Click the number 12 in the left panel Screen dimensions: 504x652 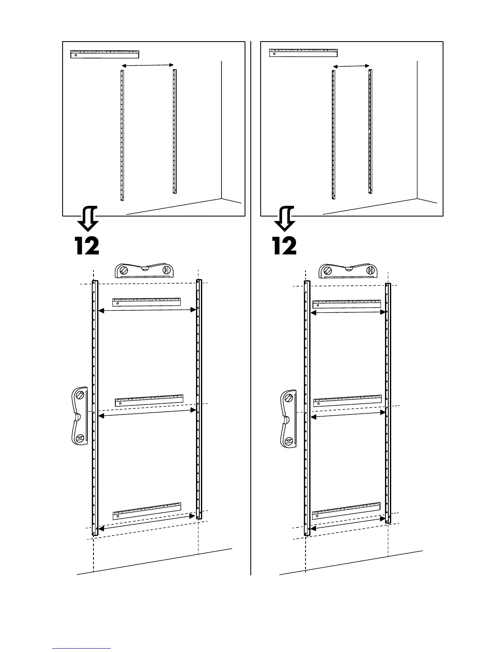tap(87, 246)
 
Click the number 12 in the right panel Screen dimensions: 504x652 tap(285, 246)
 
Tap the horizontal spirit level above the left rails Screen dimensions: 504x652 tap(144, 271)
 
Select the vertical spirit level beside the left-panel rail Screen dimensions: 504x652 tap(79, 416)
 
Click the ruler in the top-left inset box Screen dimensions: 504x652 tap(105, 54)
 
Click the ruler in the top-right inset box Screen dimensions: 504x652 tap(303, 53)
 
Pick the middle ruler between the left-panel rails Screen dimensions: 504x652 tap(149, 401)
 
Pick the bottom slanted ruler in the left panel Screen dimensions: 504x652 tap(147, 511)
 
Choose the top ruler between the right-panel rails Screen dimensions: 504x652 tap(347, 304)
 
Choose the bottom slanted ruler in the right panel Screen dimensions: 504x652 tap(347, 510)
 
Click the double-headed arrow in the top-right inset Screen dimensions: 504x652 tap(351, 66)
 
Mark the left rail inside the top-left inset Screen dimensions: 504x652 tap(122, 135)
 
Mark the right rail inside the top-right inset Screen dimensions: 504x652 tap(370, 131)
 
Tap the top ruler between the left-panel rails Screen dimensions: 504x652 tap(147, 302)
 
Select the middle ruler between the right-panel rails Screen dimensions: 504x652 tap(348, 401)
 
